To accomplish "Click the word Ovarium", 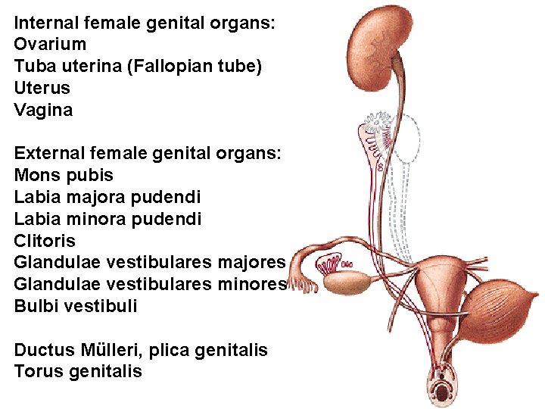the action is [x=50, y=45].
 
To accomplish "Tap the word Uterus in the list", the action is [x=42, y=88].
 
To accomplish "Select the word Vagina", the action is [x=43, y=110].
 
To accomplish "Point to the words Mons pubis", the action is [x=64, y=176].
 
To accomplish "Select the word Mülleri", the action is [x=123, y=350].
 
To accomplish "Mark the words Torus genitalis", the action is [x=78, y=372].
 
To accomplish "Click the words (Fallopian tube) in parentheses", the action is [x=195, y=67].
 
